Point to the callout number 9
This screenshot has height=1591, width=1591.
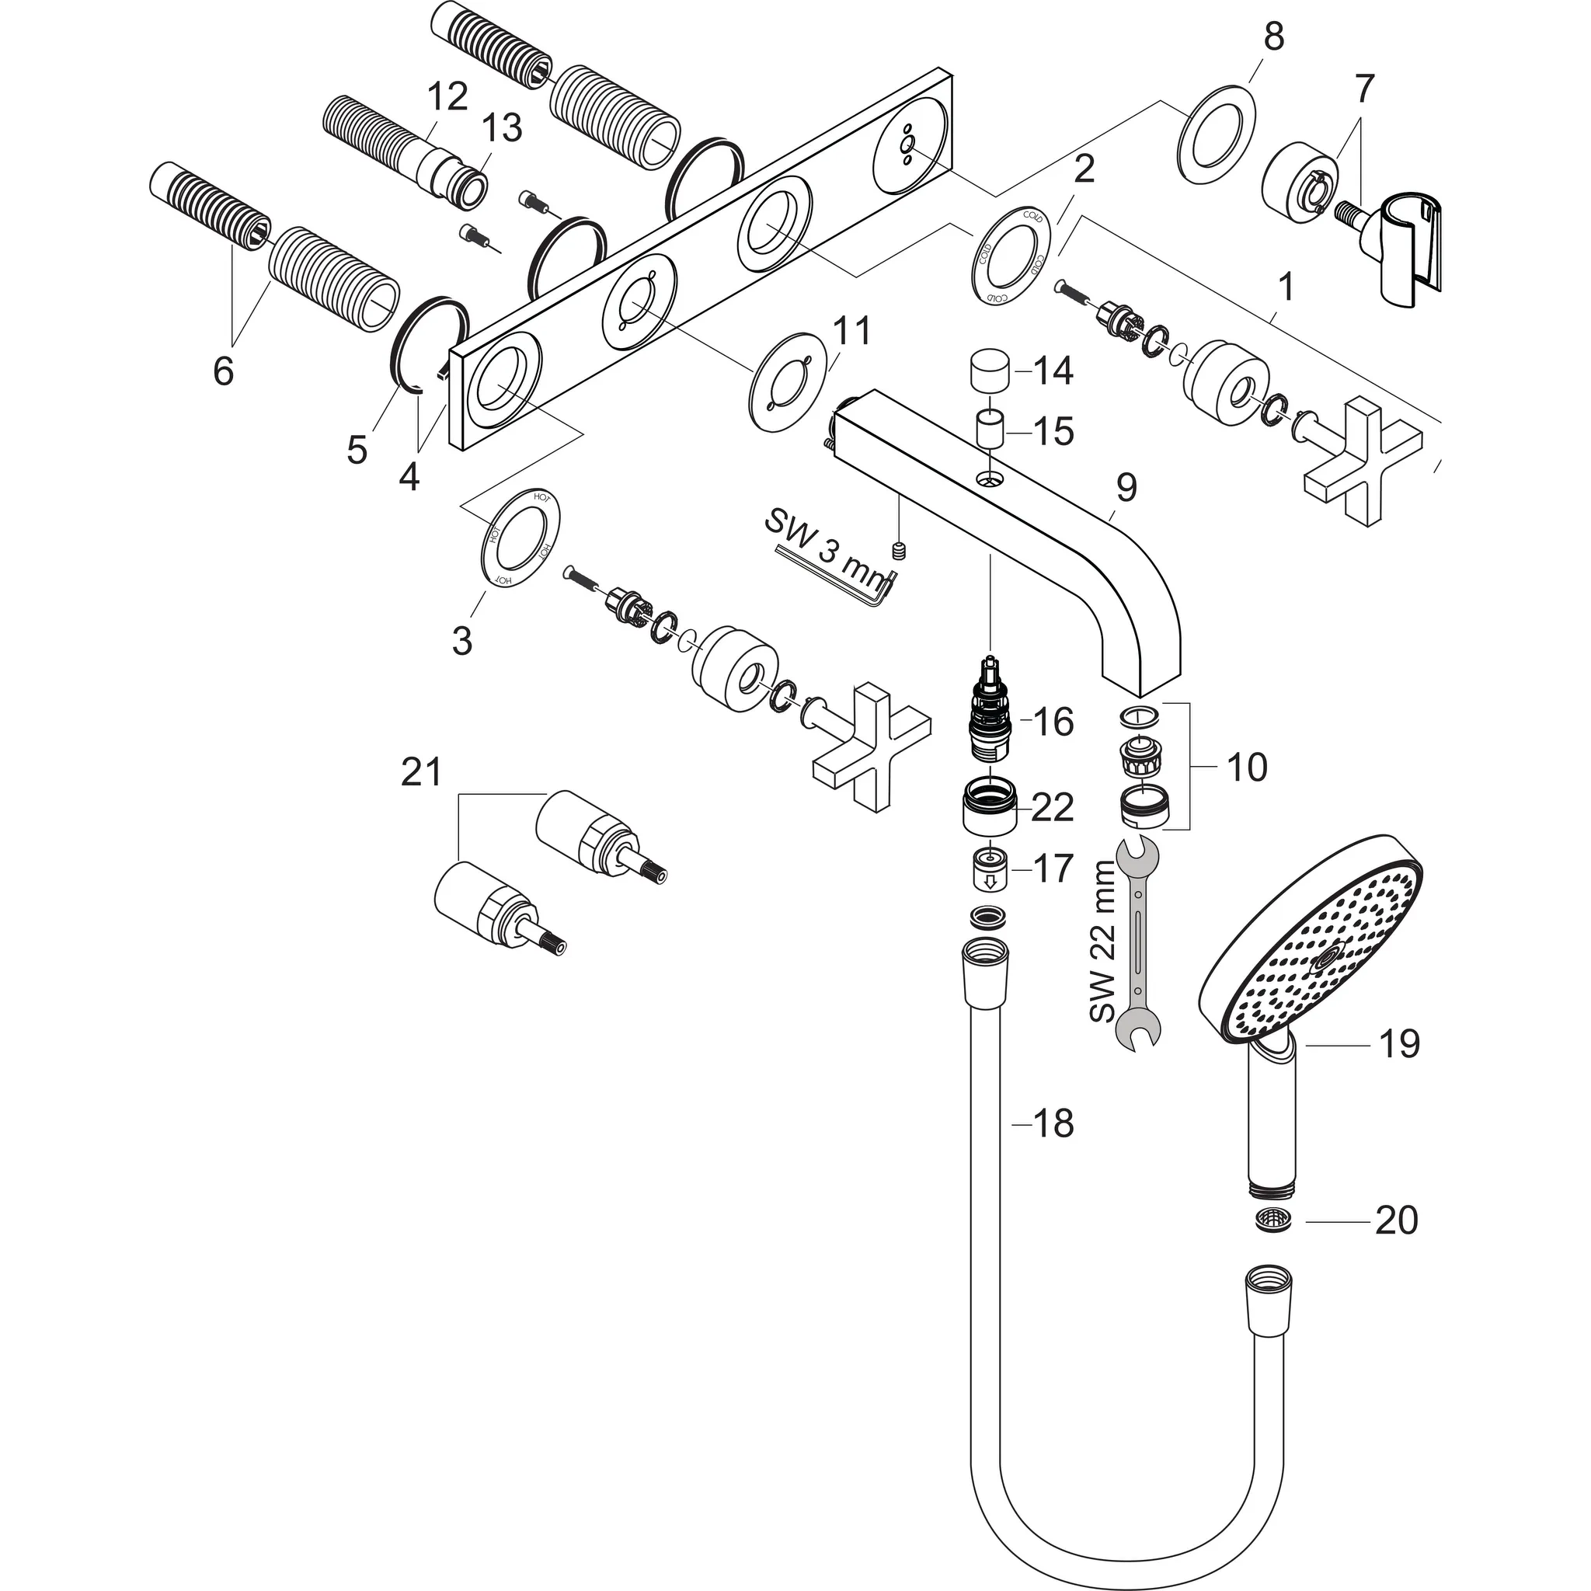click(x=1125, y=488)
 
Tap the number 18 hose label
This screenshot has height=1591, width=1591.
click(x=1053, y=1124)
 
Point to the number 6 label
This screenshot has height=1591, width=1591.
click(x=223, y=371)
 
